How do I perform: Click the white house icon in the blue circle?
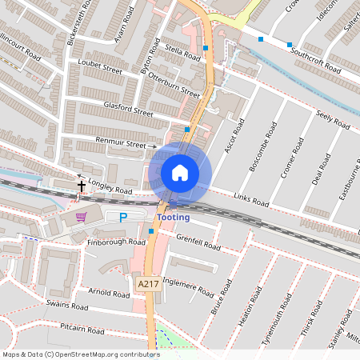tap(180, 173)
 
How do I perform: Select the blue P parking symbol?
tap(123, 217)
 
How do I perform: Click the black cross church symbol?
tap(81, 186)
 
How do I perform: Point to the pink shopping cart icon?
tap(80, 216)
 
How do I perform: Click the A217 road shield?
tap(147, 284)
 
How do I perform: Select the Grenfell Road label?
tap(198, 242)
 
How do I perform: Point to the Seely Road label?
tap(333, 120)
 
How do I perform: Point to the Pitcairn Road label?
tap(82, 330)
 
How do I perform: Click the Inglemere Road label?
tap(188, 286)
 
